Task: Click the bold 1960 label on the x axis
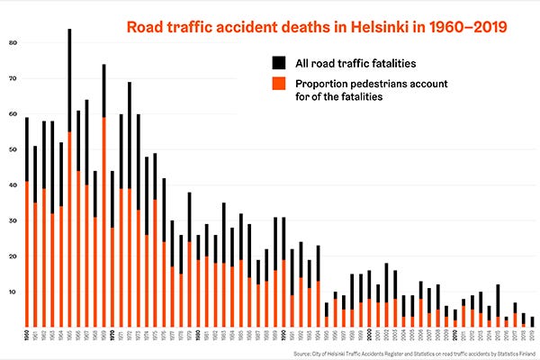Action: point(26,336)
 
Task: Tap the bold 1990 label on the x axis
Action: point(283,336)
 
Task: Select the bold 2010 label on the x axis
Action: point(455,336)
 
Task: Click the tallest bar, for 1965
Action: point(69,180)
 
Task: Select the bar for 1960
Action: point(26,225)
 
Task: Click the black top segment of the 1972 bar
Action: point(130,135)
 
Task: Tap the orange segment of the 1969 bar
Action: point(103,225)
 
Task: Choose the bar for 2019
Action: point(532,322)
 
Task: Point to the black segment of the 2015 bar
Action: point(498,301)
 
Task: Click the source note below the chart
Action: point(414,353)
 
